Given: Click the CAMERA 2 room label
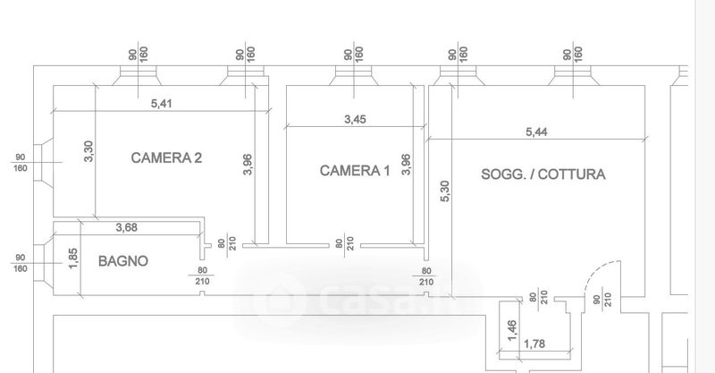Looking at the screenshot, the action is point(166,158).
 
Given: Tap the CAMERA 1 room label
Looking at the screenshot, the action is point(355,171).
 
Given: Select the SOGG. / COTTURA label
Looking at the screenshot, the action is point(543,174).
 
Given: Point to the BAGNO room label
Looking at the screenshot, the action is point(123,261).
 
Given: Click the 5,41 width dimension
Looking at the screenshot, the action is point(162,104).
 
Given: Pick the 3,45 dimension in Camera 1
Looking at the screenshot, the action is point(355,120).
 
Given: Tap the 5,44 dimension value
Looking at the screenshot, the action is point(536,132).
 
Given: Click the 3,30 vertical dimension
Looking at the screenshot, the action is point(88,151).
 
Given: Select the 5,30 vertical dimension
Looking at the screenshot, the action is point(445,191).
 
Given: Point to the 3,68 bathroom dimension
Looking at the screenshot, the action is point(126,227).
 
